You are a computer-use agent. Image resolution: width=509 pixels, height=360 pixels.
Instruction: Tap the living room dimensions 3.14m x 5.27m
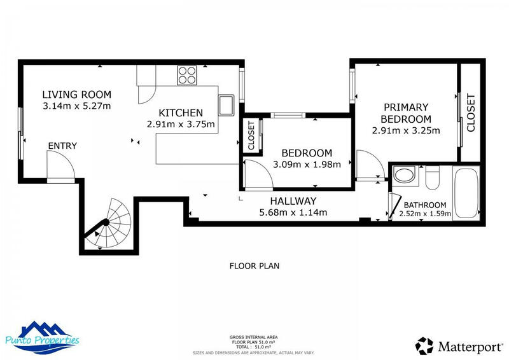tap(77, 106)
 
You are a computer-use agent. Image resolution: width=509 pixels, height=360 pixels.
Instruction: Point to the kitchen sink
tap(226, 104)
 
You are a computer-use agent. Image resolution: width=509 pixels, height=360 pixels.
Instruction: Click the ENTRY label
tap(62, 146)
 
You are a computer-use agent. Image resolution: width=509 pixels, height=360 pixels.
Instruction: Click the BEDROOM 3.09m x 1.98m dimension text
tap(307, 165)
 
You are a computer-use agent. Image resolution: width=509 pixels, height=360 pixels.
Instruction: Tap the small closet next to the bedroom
tap(251, 135)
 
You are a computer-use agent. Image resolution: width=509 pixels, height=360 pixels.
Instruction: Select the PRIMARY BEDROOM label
tap(405, 113)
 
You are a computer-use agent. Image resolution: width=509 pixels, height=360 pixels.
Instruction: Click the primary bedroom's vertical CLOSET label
tap(471, 113)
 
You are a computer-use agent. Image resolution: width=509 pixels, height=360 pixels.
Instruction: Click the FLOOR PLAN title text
tap(254, 266)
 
